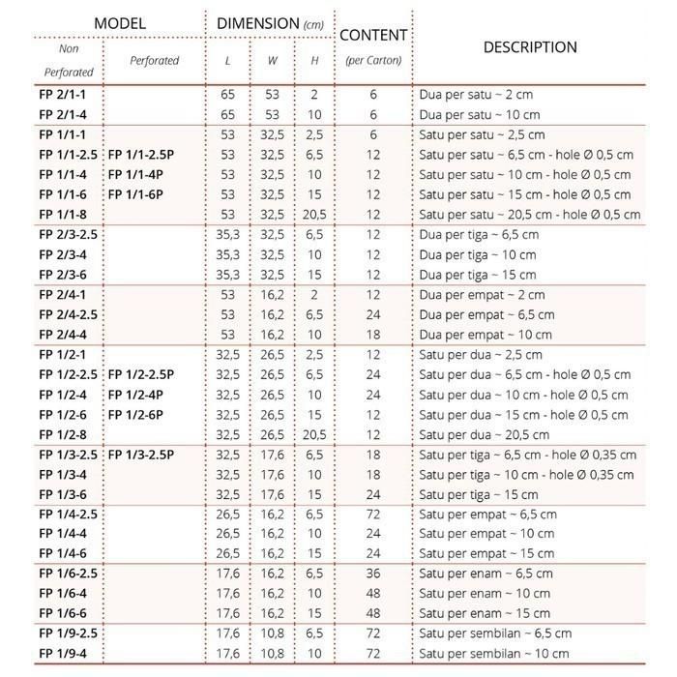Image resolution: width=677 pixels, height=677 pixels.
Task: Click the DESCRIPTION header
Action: [530, 46]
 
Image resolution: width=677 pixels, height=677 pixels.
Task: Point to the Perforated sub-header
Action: [154, 60]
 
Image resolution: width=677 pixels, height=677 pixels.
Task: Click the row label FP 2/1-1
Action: [63, 95]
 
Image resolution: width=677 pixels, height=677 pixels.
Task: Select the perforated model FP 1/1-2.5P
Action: [141, 155]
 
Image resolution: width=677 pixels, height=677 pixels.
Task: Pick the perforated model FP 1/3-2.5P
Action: [141, 455]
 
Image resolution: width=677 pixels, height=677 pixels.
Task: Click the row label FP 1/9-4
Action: [63, 654]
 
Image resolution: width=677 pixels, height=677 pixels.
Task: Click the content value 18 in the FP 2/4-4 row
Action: [372, 335]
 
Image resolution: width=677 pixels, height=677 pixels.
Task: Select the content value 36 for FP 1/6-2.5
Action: [372, 574]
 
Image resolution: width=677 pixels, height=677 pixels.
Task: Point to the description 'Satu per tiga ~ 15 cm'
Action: [479, 494]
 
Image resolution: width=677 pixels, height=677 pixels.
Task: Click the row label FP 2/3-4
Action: [63, 254]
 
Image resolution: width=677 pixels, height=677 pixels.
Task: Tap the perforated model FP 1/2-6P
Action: [134, 414]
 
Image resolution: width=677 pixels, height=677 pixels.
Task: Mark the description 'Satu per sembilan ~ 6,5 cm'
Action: [495, 633]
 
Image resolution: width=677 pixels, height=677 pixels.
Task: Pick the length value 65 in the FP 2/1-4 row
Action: [227, 114]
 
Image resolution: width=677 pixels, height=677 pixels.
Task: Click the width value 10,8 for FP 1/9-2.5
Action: [273, 633]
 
